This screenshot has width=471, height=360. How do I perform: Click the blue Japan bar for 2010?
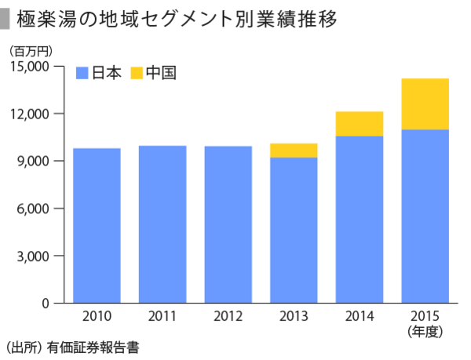click(97, 225)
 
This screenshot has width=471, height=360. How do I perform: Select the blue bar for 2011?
click(162, 224)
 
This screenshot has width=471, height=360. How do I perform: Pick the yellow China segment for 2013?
click(294, 151)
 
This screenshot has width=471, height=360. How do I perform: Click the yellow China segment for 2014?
click(359, 124)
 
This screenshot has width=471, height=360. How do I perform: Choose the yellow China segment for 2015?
click(425, 104)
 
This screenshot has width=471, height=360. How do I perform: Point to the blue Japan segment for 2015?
click(425, 216)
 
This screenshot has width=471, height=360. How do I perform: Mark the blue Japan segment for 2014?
click(359, 220)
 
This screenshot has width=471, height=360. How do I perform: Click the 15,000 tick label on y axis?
click(29, 67)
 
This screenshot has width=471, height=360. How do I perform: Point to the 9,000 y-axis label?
click(33, 162)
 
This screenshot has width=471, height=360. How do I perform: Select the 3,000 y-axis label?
click(33, 256)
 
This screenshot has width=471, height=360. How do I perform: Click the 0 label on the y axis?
click(45, 304)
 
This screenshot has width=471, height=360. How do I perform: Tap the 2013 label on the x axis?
click(294, 318)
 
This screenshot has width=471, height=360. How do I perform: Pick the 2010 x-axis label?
click(97, 318)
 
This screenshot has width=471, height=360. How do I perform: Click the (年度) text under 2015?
click(425, 331)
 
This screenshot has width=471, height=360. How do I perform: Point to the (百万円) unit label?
click(31, 51)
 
